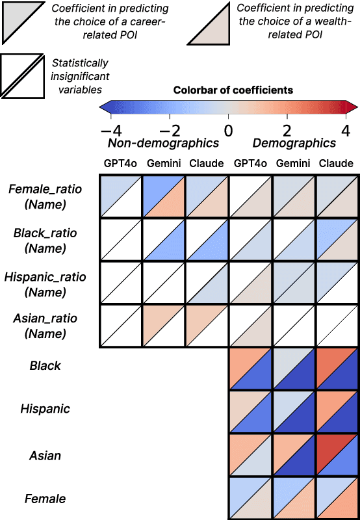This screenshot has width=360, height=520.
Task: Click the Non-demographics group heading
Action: pos(163,143)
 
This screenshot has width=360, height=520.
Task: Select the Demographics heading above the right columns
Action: pos(294,143)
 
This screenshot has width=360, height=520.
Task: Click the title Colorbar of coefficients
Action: pos(233,90)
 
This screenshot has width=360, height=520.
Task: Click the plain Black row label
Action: pos(45,366)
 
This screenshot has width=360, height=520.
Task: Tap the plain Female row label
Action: pos(45,499)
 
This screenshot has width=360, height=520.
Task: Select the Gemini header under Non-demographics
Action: pos(164,163)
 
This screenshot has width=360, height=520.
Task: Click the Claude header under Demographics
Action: pos(337,163)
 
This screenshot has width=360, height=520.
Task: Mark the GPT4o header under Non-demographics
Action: pos(120,163)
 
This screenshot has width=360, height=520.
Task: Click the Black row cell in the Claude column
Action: pos(337,368)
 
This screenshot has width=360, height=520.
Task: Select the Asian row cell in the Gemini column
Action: pos(294,455)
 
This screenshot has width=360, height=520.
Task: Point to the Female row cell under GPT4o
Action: pos(250,498)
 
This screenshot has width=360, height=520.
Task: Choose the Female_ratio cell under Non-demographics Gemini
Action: pos(164,196)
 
